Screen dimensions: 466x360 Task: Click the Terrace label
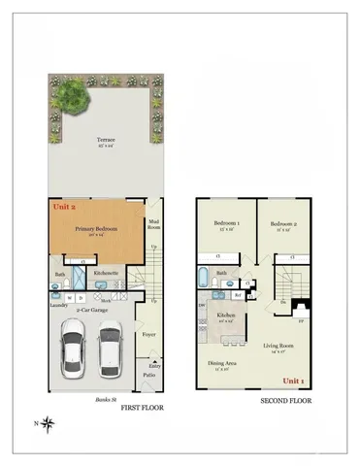coord(105,141)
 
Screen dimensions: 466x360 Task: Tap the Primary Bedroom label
coord(96,229)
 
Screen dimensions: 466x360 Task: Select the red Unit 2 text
coord(62,207)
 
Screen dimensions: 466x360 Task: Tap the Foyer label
coord(149,334)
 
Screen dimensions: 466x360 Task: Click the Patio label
coord(149,374)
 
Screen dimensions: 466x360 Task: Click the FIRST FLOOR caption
coord(142,410)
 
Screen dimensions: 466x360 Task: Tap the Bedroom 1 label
coord(226,223)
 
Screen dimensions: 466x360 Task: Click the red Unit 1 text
coord(293,381)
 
